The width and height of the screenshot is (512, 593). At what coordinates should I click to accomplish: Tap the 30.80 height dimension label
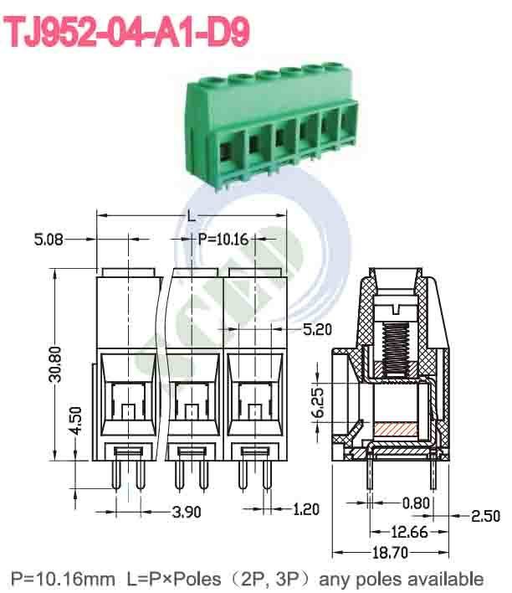point(54,364)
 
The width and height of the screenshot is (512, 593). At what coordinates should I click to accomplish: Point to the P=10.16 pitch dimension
point(223,240)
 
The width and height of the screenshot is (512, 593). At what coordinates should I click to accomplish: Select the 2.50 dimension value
point(486,516)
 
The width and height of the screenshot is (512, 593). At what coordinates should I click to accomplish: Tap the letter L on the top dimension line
point(192,216)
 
